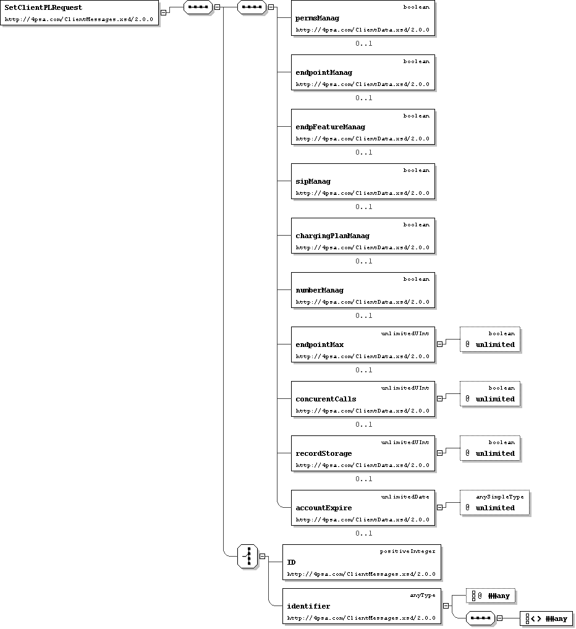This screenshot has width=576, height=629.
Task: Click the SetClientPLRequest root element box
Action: point(79,13)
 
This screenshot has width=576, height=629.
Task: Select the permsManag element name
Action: point(317,18)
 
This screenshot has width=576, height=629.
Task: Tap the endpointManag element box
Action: point(363,72)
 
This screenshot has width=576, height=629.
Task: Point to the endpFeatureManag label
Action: point(330,127)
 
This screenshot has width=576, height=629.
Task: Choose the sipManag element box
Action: point(363,181)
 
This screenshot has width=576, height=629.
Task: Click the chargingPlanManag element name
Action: point(332,236)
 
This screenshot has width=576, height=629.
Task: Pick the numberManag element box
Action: point(363,291)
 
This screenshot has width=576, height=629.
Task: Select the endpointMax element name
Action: point(320,344)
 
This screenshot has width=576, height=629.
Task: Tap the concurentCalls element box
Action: point(363,399)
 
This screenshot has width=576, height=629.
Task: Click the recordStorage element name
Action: point(323,454)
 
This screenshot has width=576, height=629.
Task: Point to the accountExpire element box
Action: point(363,508)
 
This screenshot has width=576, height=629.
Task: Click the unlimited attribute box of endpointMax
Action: point(490,340)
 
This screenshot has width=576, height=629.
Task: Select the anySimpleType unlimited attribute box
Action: point(494,503)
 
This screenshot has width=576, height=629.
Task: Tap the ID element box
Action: point(362,562)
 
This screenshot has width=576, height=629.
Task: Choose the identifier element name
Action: point(308,606)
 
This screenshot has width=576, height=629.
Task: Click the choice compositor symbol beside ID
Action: point(247,557)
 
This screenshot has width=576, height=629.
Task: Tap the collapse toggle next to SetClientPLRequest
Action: point(164,13)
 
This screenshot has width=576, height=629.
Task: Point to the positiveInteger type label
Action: point(407,552)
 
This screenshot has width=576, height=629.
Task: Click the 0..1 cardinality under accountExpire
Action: point(363,533)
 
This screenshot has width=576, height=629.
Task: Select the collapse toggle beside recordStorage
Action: point(439,453)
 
